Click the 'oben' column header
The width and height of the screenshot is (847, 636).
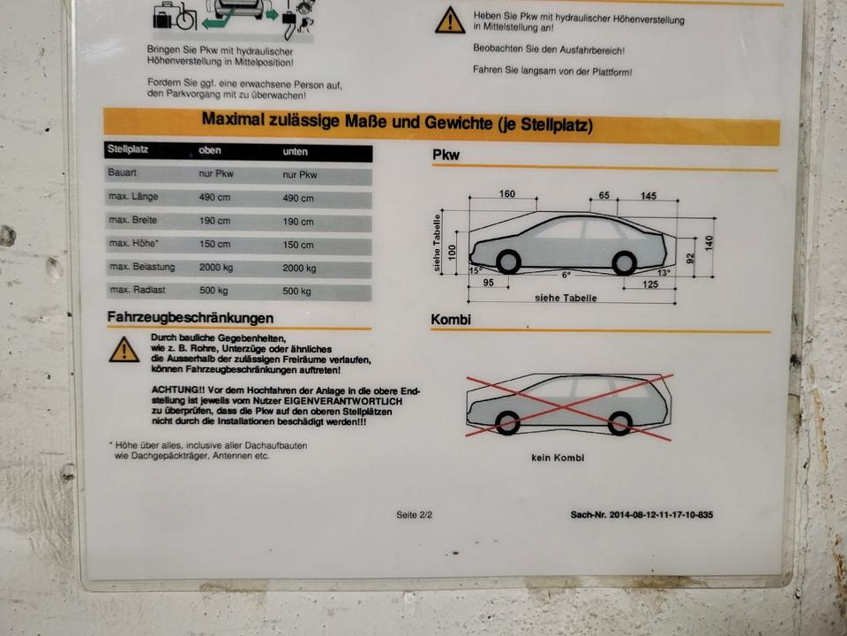210,150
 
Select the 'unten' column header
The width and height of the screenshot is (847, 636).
295,152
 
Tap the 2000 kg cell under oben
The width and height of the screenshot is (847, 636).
216,267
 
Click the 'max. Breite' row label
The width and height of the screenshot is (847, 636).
133,220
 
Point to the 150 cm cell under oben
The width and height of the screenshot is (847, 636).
214,244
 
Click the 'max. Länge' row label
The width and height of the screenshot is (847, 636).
133,197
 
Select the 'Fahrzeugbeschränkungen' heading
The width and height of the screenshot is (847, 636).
191,317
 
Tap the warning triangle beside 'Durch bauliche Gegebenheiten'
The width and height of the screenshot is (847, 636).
124,350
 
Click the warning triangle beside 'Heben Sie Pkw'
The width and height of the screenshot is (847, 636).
450,20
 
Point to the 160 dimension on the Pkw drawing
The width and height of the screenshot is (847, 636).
506,193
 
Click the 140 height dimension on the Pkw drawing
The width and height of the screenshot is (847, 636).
708,243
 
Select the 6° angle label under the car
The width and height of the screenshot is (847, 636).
566,275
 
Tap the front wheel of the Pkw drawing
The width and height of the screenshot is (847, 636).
508,262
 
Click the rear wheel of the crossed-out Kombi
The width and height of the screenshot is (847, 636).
619,423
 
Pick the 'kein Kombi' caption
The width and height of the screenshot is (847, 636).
558,458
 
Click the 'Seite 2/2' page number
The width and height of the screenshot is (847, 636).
414,515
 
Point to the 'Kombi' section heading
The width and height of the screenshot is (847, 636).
451,320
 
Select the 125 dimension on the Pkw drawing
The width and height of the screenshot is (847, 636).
650,284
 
